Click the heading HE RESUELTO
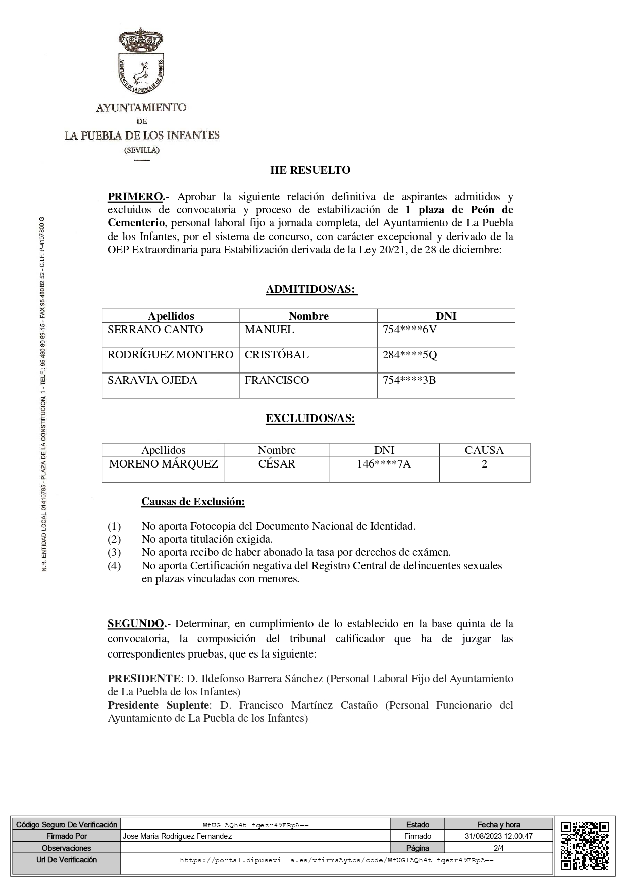pos(310,170)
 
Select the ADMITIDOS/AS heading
pos(311,290)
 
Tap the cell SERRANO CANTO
pos(155,330)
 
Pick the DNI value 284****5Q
pos(409,355)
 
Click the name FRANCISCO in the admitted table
pos(277,380)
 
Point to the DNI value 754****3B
pos(409,380)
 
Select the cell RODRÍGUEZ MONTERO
pos(170,355)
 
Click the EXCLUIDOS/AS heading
pos(310,419)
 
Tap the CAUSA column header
pos(484,450)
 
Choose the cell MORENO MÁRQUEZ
pos(164,464)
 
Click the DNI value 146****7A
pos(384,464)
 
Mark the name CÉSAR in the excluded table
pos(277,464)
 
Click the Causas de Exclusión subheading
pos(193,502)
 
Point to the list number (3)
pos(114,552)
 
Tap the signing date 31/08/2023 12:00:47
pos(499,836)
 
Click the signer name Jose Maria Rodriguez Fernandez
pos(177,836)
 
